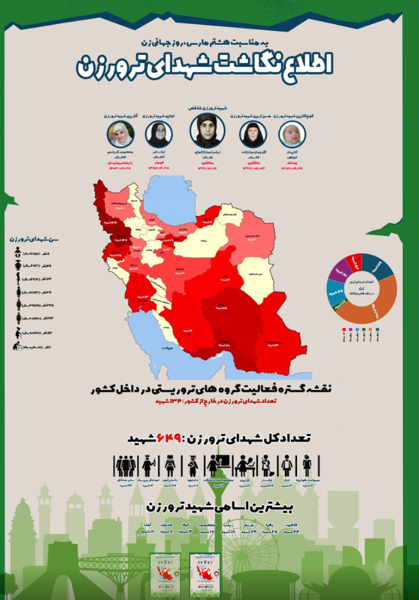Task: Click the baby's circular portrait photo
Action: coord(292,134)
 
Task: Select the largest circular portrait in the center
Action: coord(207,131)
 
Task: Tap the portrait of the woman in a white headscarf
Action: coord(120,134)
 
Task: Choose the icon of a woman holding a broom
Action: coord(267,466)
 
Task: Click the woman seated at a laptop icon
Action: coord(242,466)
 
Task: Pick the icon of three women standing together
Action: coord(125,466)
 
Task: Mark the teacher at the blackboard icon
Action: coord(216,465)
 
